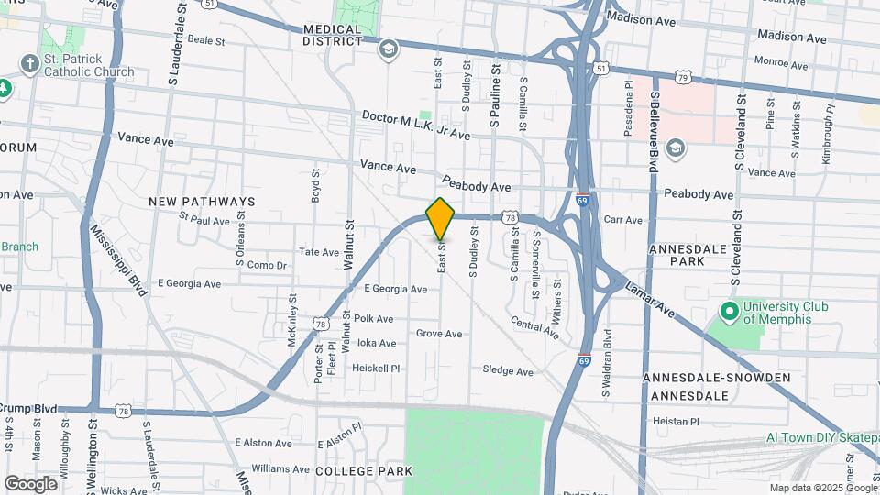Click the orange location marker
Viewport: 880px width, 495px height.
click(x=441, y=218)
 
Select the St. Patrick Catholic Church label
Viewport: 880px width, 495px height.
click(x=88, y=65)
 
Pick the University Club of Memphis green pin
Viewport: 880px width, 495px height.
click(x=730, y=312)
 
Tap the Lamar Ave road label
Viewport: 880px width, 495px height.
click(x=650, y=301)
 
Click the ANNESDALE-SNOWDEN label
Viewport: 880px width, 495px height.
click(x=716, y=378)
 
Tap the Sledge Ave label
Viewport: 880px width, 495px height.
click(x=508, y=371)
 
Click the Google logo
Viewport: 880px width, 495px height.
click(x=30, y=483)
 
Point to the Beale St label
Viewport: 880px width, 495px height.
click(x=206, y=40)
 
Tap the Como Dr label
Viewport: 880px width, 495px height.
click(x=267, y=265)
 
